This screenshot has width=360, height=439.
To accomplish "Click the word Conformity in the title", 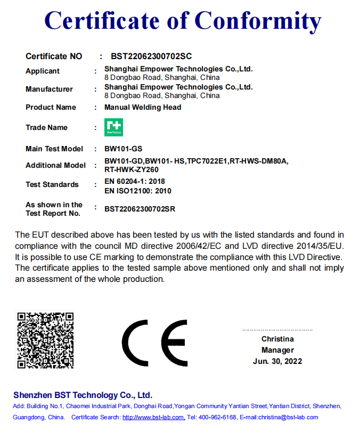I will coord(257,20).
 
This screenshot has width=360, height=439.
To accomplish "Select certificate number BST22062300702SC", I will coord(151,56).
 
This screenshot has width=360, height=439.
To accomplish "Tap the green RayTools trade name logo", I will coord(113,127).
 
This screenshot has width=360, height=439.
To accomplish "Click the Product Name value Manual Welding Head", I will coord(143,107).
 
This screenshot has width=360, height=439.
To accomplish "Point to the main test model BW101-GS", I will coord(124,149).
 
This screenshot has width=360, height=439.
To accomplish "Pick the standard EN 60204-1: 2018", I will coord(134,182).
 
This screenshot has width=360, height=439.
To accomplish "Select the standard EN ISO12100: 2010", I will coord(137,191).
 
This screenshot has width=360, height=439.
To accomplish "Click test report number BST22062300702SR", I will coord(140,209).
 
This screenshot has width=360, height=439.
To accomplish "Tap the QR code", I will coord(45,340).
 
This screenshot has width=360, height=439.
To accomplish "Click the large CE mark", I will coord(154,343).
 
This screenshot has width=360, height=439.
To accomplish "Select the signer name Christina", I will coord(277,339).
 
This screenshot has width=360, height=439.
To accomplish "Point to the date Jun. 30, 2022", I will coord(277,361).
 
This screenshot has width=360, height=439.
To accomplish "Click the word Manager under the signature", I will coord(277,350).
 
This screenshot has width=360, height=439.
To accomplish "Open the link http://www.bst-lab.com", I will coord(153,417).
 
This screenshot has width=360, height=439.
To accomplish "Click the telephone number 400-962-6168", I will coord(217,417).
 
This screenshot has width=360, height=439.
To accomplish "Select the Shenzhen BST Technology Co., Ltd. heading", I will coord(83,395).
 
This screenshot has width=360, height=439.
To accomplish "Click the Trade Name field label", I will coord(46,127).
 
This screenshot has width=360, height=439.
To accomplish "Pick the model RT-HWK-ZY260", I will coord(132,169).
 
